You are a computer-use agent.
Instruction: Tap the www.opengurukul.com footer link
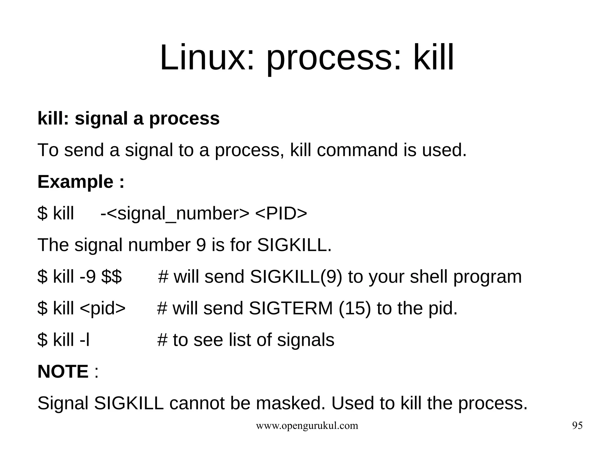coord(307,426)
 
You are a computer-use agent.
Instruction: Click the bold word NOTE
coord(63,372)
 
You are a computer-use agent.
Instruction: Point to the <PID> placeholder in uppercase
coord(281,214)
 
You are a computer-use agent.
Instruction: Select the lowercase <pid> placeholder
coord(103,308)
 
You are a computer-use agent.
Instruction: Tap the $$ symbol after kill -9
coord(112,277)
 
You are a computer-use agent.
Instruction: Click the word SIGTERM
coord(291,308)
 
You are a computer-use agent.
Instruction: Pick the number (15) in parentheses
coord(355,308)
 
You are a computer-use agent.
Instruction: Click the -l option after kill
coord(85,340)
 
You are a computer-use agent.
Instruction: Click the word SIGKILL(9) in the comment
coord(296,277)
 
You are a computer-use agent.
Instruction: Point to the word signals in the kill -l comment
coord(306,340)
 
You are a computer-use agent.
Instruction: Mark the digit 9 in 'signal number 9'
coord(201,245)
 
